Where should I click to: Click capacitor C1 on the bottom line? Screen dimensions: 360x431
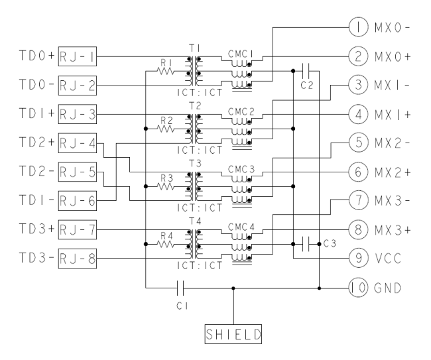180,288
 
